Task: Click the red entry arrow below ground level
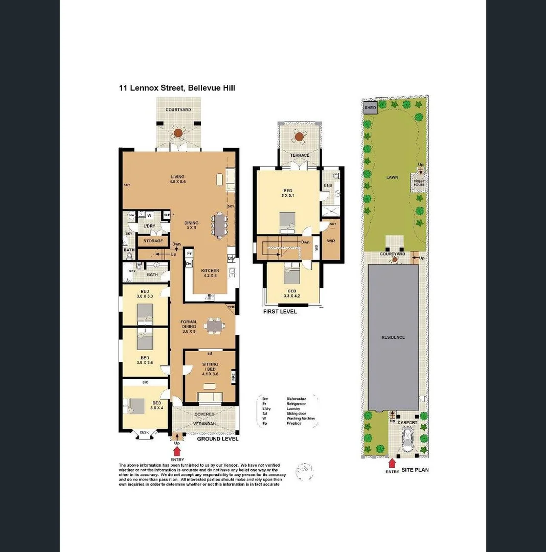point(177,451)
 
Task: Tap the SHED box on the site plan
point(370,108)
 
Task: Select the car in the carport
point(407,440)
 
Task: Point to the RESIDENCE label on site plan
point(393,337)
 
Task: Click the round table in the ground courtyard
point(178,133)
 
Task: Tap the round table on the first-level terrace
point(299,136)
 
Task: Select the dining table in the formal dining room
point(213,326)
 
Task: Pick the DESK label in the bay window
point(144,433)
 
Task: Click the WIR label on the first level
point(330,240)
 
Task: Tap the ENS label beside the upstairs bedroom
point(329,186)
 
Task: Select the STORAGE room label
point(153,241)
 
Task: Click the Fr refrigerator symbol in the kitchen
point(189,254)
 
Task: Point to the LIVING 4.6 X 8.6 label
point(177,179)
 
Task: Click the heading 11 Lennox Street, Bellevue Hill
point(177,88)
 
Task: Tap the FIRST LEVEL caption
point(280,312)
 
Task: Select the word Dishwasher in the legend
point(298,397)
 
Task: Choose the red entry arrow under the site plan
point(392,463)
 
